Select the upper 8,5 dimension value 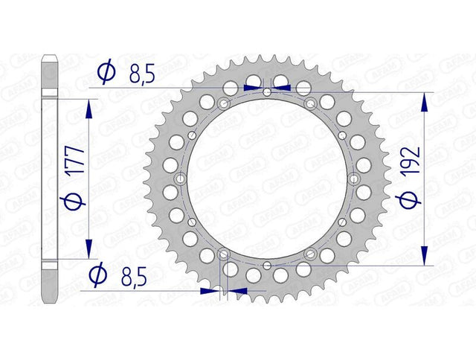point(142,74)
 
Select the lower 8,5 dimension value point(134,277)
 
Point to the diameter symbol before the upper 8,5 point(106,71)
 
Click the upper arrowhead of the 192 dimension point(425,103)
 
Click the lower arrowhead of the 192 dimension point(425,255)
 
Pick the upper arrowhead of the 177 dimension point(89,109)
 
